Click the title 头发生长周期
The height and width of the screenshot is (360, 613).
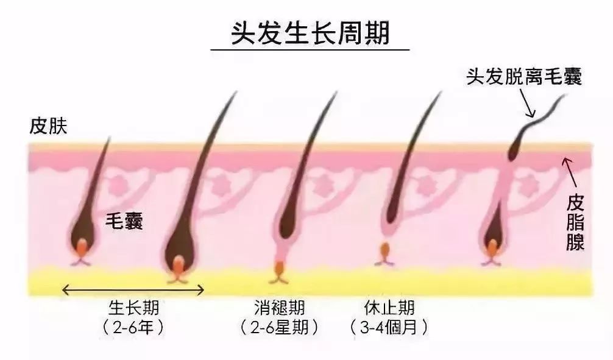pos(310,34)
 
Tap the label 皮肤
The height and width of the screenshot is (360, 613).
pos(48,127)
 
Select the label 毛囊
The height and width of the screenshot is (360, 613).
pos(124,222)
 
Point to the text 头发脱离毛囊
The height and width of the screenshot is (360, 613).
pos(523,77)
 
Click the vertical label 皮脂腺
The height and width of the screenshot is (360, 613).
pos(575,222)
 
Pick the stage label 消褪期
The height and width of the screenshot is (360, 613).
pos(280,306)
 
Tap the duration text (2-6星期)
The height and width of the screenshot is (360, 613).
pos(280,327)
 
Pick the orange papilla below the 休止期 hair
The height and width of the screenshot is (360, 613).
pos(384,250)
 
